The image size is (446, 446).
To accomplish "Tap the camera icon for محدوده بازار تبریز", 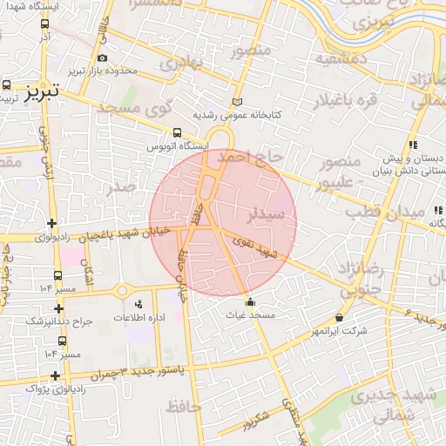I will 103,57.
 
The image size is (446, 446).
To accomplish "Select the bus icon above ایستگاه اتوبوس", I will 178,133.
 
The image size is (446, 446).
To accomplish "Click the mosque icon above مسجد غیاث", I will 251,302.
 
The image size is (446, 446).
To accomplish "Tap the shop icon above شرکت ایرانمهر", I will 339,319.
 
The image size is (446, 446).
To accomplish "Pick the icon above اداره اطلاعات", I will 139,304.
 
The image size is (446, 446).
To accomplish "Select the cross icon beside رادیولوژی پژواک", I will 57,375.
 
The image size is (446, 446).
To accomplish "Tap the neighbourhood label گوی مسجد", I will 134,111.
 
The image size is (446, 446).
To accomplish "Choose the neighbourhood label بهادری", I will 183,63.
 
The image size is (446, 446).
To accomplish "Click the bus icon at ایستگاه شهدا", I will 44,24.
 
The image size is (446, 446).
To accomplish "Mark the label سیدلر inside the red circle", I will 265,213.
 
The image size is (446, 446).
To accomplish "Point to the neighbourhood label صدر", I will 119,186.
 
